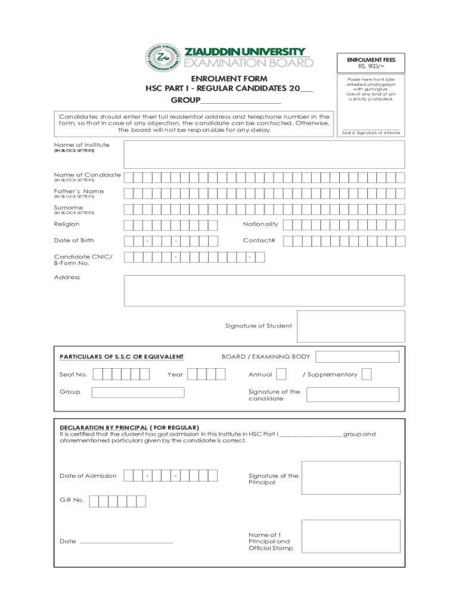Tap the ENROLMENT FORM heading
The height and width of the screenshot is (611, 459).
coord(229,79)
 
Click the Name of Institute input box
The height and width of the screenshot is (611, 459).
coord(263,154)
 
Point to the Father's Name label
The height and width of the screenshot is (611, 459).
coord(79,192)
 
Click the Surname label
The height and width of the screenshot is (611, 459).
coord(69,208)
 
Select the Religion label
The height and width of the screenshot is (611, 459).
coord(66,224)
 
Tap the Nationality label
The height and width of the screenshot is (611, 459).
coord(260,224)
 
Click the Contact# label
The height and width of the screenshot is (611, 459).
coord(259,240)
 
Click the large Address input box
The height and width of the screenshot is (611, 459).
coord(263,291)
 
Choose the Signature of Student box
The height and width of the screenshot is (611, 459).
coord(351,326)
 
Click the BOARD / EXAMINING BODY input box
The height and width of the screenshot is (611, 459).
coord(357,357)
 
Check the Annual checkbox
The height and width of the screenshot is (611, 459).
coord(281,374)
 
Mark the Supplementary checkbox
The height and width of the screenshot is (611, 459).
coord(367,374)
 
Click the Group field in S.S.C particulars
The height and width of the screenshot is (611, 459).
coord(138,392)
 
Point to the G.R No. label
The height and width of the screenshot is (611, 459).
coord(72,500)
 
